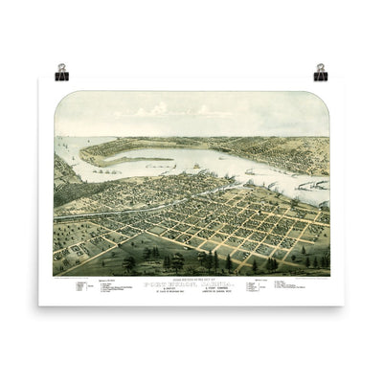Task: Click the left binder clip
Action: click(x=61, y=71)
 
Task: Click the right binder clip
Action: click(x=321, y=71)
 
